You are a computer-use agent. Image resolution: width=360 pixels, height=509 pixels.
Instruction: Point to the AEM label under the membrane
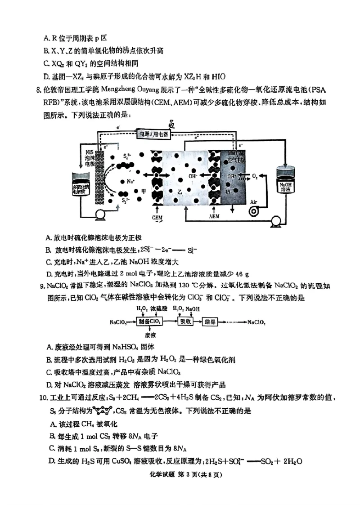215,216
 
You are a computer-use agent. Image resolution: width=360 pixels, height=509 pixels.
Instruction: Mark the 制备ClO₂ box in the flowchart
151,322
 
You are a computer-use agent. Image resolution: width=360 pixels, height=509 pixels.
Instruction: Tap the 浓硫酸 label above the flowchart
158,309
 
